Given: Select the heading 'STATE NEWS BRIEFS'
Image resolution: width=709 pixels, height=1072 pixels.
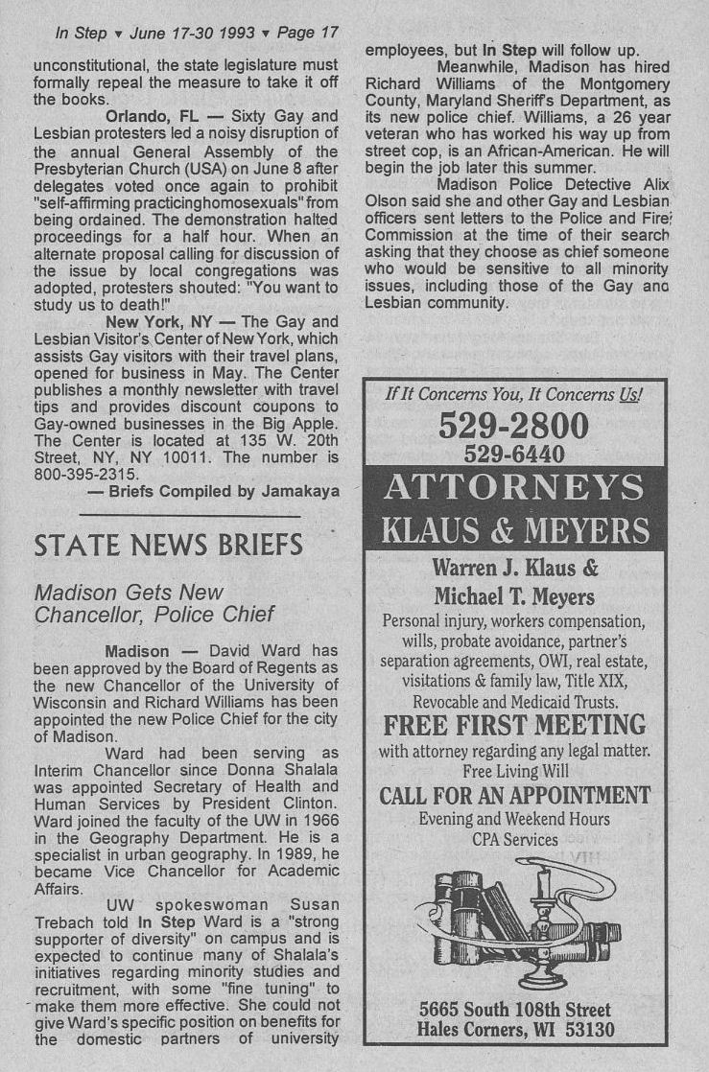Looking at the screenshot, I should [169, 546].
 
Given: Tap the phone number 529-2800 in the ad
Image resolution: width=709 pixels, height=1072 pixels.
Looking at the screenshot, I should [513, 426].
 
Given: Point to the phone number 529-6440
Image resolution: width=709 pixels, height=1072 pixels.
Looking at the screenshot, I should [513, 454].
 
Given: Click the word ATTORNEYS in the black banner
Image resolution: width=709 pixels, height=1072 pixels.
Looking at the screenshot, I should [513, 488].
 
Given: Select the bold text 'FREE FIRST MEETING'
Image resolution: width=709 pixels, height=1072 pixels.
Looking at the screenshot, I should [514, 724].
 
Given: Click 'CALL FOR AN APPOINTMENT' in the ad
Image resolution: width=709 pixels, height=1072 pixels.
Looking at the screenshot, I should [514, 796].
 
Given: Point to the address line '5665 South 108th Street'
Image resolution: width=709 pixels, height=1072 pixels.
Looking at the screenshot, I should [515, 1010].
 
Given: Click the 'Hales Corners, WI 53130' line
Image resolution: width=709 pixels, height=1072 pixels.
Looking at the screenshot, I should [515, 1031].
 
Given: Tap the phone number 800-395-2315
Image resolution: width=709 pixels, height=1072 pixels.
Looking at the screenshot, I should [87, 474].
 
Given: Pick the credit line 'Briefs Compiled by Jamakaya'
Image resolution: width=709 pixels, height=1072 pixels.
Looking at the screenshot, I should [213, 491].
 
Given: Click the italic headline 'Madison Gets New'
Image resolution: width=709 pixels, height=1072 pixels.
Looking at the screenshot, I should [129, 593].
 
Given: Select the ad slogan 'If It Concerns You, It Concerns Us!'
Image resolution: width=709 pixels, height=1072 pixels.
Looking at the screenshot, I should [514, 394].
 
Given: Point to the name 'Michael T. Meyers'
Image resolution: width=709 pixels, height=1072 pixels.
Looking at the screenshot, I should [514, 596].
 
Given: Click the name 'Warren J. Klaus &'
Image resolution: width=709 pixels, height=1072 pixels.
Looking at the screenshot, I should [515, 567].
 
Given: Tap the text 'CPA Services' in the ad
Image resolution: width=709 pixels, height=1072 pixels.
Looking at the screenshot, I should [514, 840].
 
